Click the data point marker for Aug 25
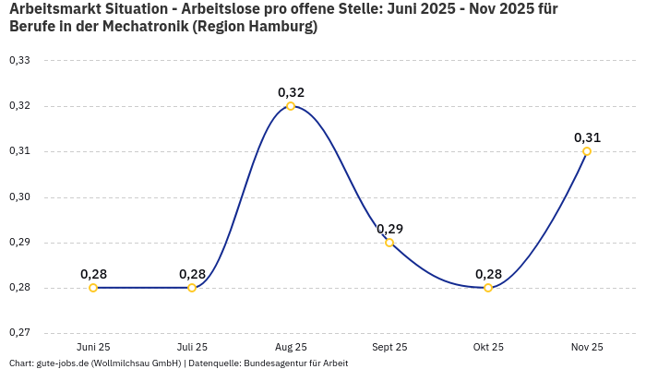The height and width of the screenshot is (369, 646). [x=291, y=106]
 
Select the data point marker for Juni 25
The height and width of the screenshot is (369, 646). [x=93, y=288]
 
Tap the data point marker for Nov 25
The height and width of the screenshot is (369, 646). [x=587, y=151]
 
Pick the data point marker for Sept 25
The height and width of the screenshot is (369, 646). [x=389, y=243]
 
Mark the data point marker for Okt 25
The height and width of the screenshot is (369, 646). [x=488, y=288]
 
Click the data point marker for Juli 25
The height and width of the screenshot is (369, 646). [x=192, y=288]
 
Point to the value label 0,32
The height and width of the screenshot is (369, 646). [x=291, y=92]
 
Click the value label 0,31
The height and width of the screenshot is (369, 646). [x=587, y=137]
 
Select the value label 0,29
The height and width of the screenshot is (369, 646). [x=389, y=229]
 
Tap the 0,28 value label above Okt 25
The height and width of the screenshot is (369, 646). [x=488, y=274]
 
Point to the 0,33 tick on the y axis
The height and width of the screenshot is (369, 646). [x=19, y=61]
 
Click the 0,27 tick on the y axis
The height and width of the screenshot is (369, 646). [x=19, y=333]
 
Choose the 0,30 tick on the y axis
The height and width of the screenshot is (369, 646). [x=19, y=197]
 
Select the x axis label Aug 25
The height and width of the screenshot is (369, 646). [x=291, y=348]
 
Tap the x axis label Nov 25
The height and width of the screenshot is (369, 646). [x=587, y=348]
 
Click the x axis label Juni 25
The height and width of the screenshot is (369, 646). [x=93, y=348]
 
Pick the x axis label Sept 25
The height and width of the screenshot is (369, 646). [x=389, y=348]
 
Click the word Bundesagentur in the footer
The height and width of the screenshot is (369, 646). [x=272, y=363]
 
